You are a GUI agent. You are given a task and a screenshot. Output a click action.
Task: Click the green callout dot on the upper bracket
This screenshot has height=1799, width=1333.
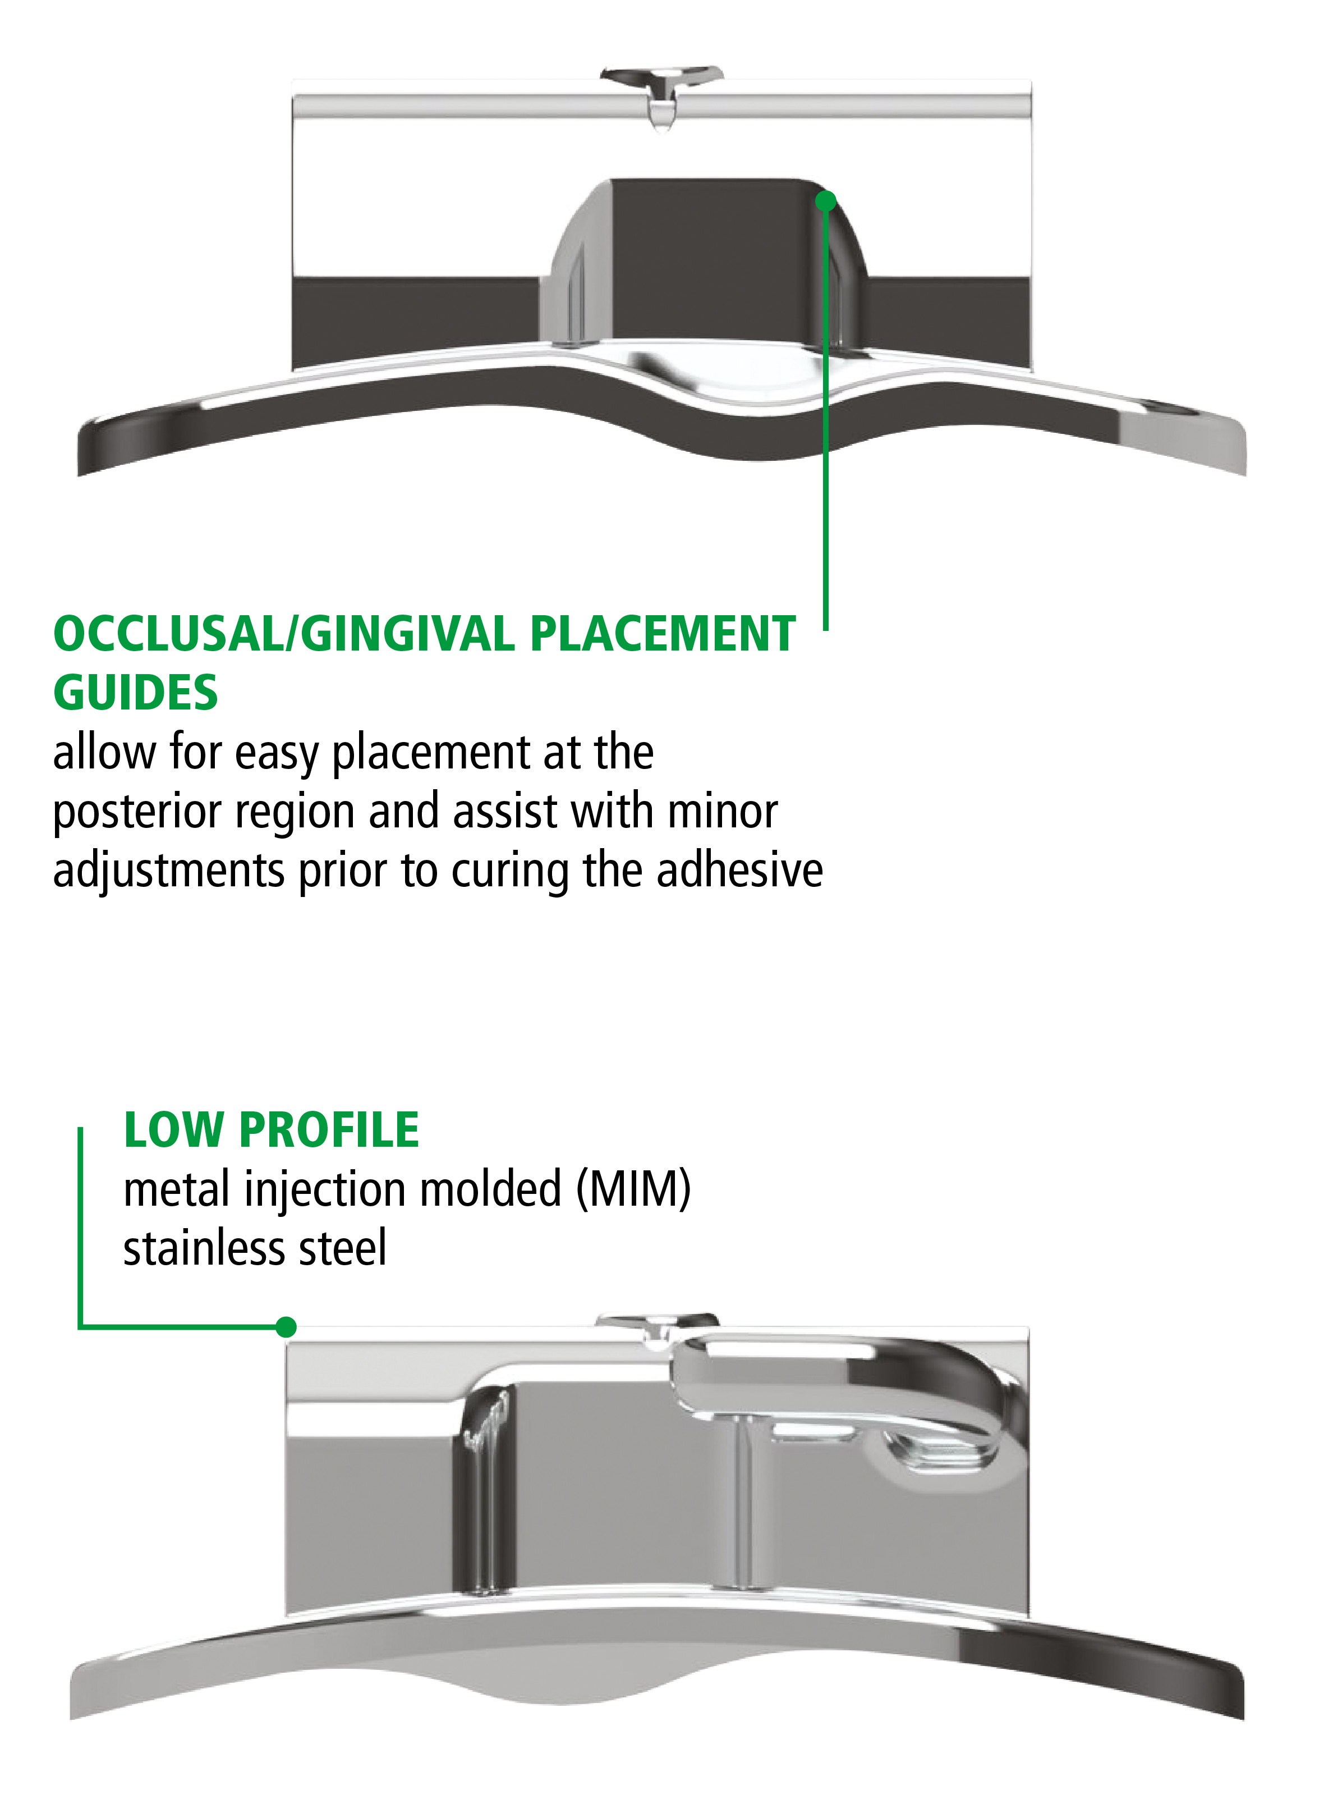pyautogui.click(x=825, y=201)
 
